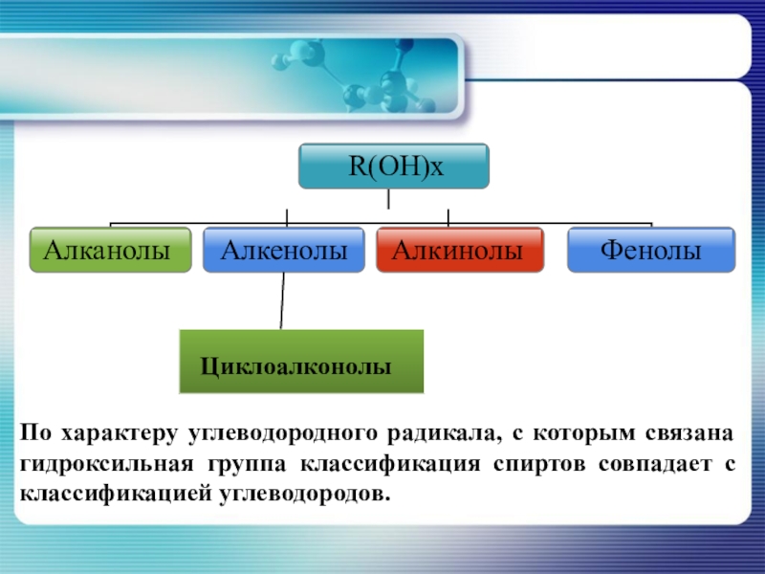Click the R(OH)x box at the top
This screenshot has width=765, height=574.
394,166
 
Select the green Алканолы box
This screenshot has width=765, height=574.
110,251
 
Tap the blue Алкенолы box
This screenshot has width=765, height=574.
284,251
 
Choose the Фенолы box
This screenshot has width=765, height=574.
651,251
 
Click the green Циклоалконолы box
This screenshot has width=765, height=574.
301,363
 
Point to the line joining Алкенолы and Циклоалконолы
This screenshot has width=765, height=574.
282,301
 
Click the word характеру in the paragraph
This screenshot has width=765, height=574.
115,433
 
